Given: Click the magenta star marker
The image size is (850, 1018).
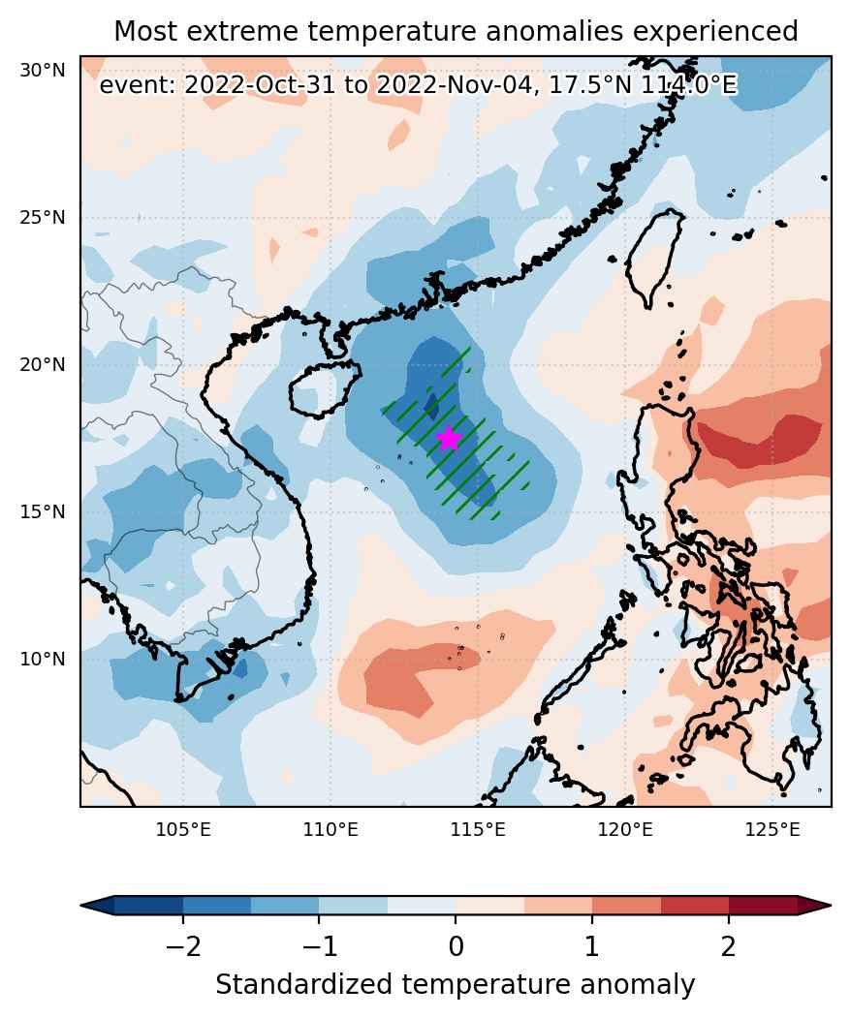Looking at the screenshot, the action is (449, 438).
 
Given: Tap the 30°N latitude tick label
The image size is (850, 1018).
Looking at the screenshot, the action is (43, 70).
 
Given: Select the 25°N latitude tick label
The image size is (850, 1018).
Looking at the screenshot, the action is (43, 218).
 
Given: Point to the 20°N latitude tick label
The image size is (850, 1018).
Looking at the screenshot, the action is (43, 365).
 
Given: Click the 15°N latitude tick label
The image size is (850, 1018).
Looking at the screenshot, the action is (43, 512).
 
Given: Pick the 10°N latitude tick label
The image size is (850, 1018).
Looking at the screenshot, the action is (43, 660).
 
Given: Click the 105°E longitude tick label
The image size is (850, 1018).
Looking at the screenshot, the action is (183, 830).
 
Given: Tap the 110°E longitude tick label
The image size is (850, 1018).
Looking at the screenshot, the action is (331, 830).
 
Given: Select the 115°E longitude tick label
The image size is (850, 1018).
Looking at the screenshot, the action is (478, 830).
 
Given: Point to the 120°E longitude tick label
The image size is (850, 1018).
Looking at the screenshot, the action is (626, 830).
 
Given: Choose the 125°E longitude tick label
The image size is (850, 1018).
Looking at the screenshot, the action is (773, 830).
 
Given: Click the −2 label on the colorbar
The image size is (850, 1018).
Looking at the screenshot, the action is (182, 947).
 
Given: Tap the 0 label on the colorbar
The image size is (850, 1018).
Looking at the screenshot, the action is (456, 947).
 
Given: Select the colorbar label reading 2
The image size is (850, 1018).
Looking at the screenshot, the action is (729, 947).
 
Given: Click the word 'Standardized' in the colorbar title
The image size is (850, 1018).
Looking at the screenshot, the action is (304, 985).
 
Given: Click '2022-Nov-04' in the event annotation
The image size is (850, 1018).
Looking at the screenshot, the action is (456, 84).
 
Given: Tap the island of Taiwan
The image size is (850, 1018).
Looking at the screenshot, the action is (654, 258).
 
